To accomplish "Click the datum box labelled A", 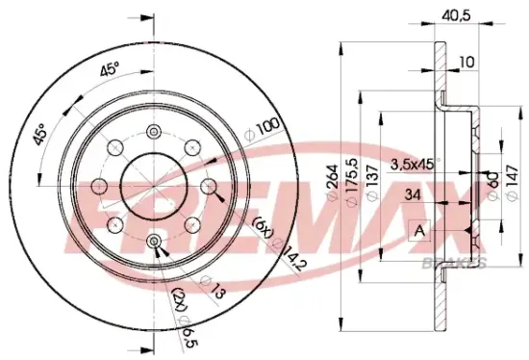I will click(x=419, y=231).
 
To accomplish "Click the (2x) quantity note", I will click(x=178, y=298).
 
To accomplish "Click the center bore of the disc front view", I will click(x=153, y=186).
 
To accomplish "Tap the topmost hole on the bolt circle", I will click(x=154, y=133).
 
